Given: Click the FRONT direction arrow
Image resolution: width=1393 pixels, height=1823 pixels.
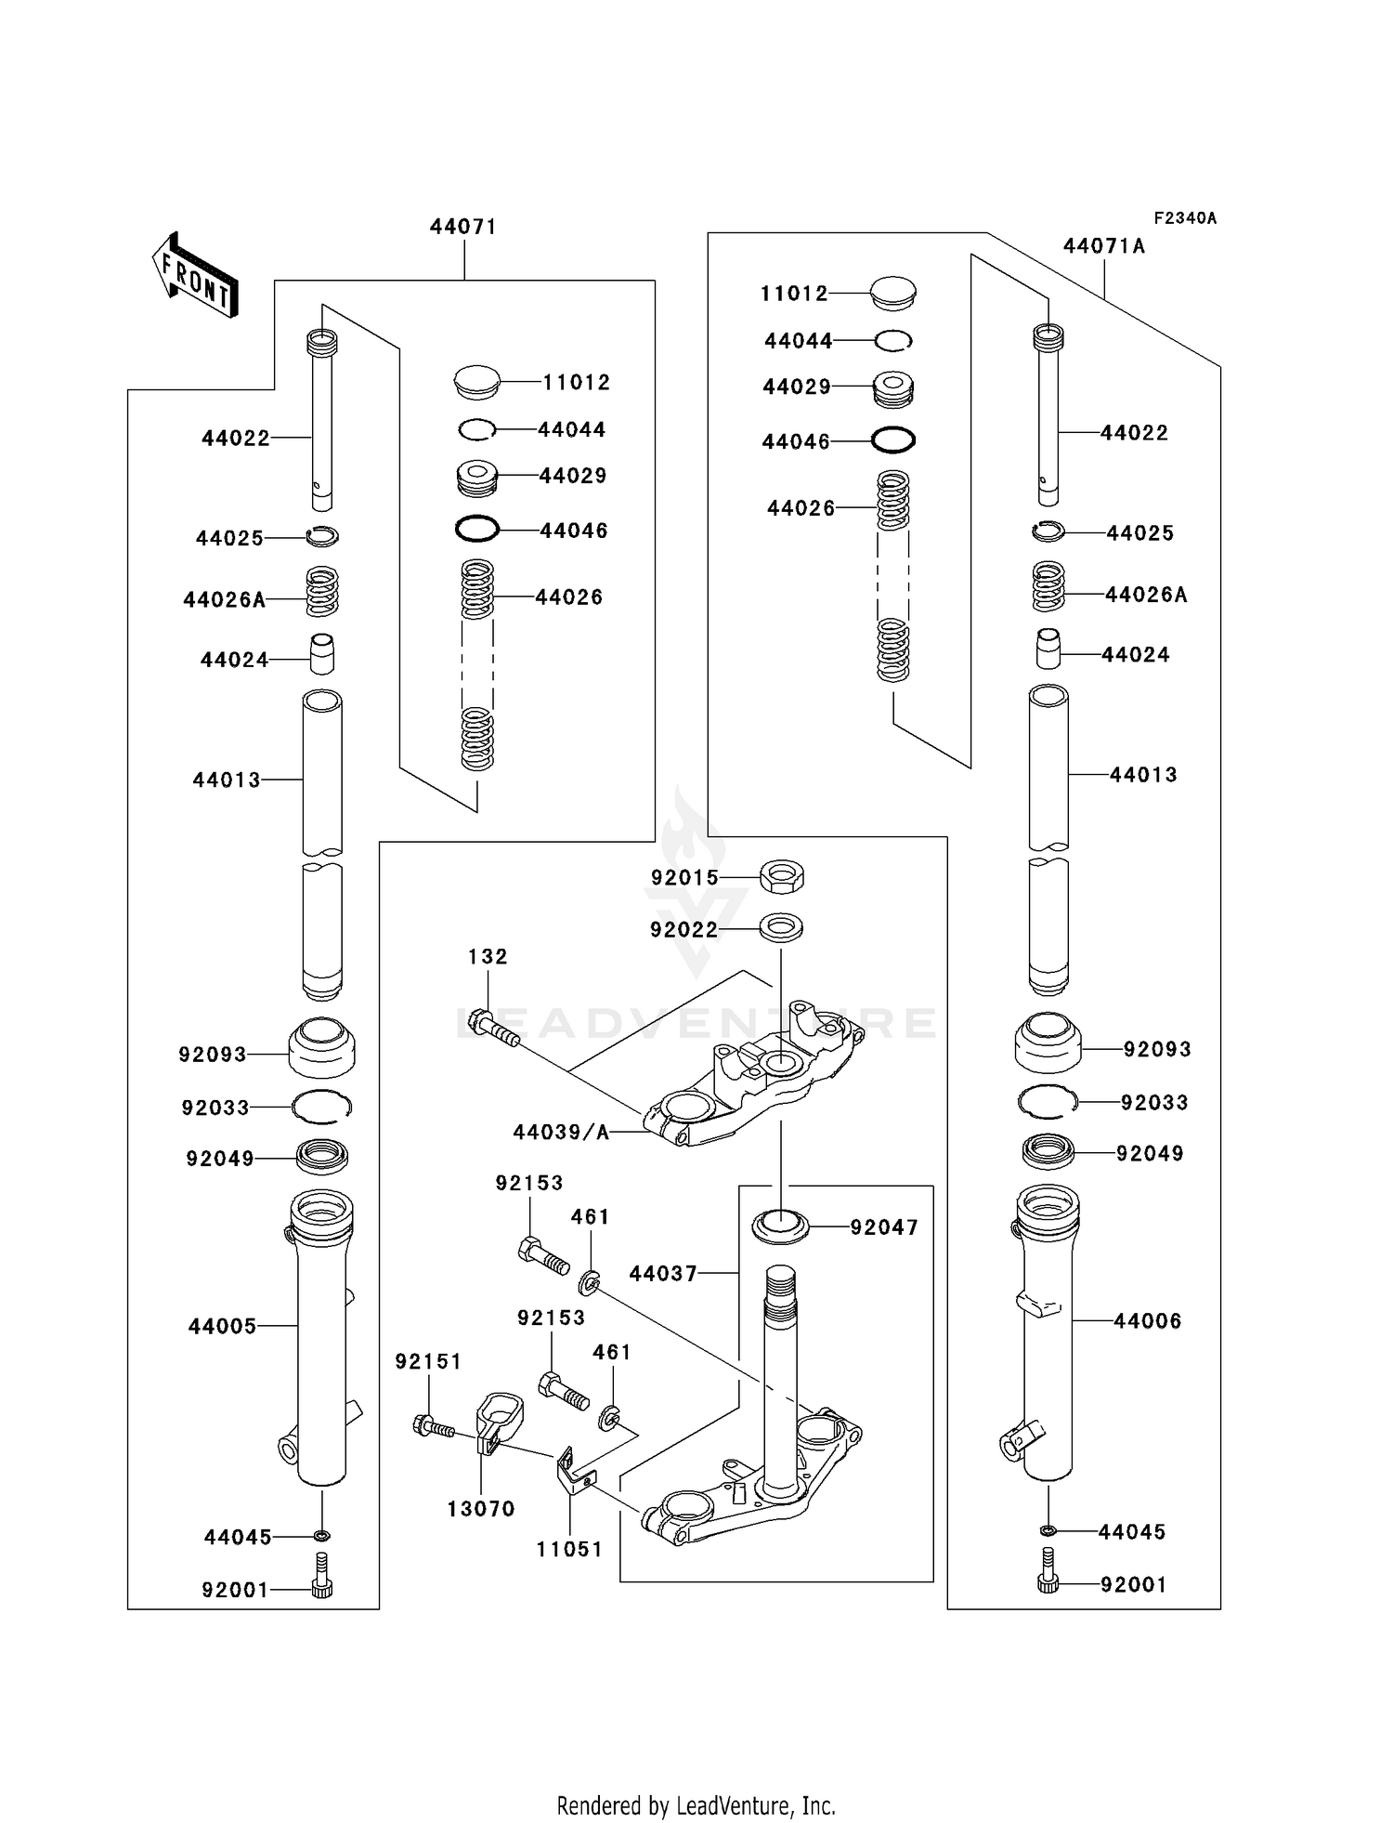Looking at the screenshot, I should [x=195, y=276].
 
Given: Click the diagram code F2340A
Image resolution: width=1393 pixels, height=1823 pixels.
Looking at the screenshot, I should [x=1184, y=218].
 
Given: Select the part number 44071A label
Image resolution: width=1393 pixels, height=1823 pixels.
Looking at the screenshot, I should [x=1103, y=246].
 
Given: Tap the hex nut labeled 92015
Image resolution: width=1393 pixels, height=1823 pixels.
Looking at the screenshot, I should [x=781, y=876].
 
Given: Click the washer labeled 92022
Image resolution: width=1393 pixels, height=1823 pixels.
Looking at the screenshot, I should [x=781, y=927].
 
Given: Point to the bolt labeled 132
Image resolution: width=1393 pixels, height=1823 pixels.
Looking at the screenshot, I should [x=493, y=1029].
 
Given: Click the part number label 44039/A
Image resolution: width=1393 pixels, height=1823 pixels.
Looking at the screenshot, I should [x=561, y=1132].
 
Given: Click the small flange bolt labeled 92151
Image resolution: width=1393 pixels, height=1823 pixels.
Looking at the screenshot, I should [x=431, y=1425].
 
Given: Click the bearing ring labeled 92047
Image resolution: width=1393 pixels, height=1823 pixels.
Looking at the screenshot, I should [x=780, y=1226].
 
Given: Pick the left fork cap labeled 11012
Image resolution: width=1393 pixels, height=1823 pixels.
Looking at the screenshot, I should [x=476, y=382].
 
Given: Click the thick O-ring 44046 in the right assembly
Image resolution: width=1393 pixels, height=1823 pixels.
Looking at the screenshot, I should [x=892, y=439].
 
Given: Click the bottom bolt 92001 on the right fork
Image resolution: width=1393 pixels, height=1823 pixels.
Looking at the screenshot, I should [x=1048, y=1580].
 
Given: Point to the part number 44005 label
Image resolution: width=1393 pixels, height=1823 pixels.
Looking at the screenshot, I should [x=222, y=1327].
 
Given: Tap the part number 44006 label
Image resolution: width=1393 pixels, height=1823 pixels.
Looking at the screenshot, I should [x=1147, y=1321].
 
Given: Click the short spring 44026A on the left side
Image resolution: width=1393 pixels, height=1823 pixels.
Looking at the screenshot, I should [x=322, y=592].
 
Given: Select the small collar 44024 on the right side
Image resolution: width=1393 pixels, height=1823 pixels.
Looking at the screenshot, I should [x=1048, y=649].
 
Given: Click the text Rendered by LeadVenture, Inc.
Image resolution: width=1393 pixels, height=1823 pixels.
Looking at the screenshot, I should [x=696, y=1804].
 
